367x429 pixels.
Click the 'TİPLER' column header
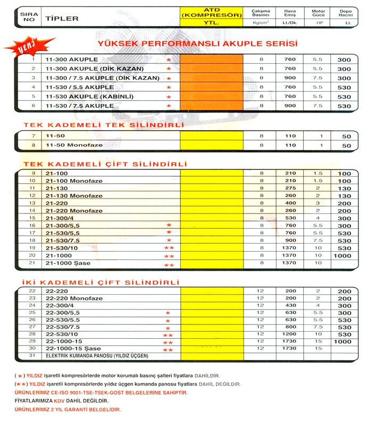(62, 19)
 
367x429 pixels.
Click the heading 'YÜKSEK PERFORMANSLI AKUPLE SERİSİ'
(196, 44)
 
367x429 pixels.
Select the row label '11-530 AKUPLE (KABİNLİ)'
(89, 97)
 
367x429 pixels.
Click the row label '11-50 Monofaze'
(74, 145)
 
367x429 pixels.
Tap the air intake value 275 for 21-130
(290, 188)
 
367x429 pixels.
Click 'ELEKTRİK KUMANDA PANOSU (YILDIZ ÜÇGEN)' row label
(97, 356)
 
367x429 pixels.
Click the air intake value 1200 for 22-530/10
(290, 335)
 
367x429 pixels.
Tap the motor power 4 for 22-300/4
(318, 306)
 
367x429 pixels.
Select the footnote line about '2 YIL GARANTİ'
(68, 410)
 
